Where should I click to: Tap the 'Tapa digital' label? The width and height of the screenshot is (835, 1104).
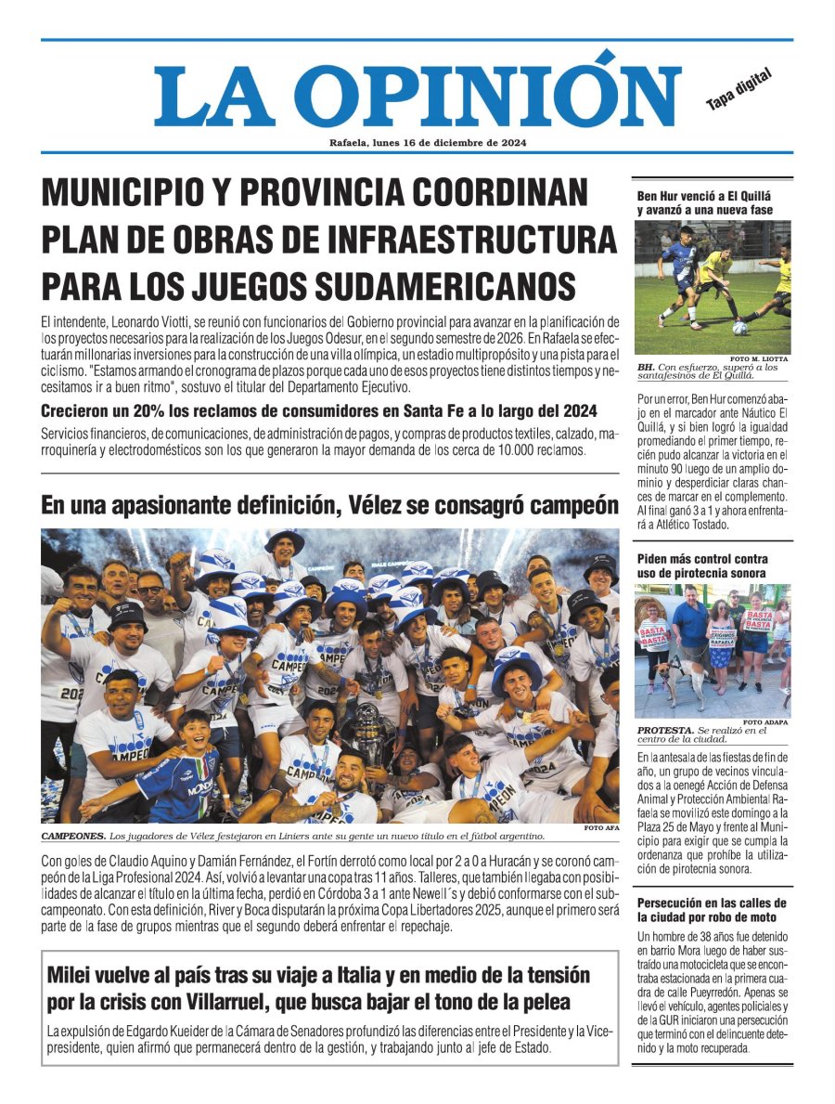point(739,90)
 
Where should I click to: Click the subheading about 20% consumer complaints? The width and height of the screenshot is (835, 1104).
point(318,411)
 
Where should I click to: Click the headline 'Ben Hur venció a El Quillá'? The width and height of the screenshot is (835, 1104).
point(704,203)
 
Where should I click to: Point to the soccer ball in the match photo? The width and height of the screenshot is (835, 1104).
point(739,328)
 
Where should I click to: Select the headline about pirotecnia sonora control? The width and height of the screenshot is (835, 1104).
point(702,565)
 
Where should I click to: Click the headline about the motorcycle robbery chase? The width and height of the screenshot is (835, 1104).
point(712,910)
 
